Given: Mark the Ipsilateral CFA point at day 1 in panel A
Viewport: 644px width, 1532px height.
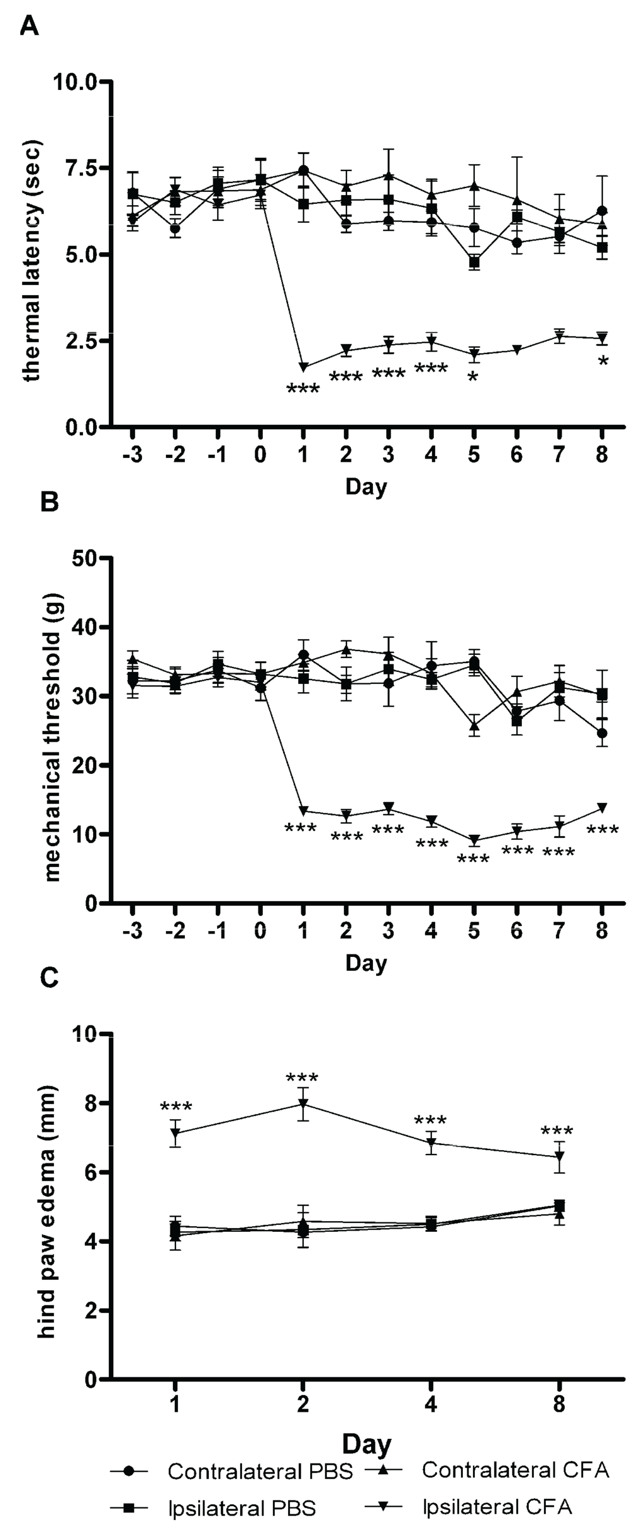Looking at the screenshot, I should [304, 367].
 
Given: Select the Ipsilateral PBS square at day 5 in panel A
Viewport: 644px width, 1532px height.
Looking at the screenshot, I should [474, 262].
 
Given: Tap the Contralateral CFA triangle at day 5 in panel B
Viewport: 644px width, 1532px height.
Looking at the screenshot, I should [474, 725].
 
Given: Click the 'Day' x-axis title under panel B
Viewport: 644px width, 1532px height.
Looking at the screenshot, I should [366, 963].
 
